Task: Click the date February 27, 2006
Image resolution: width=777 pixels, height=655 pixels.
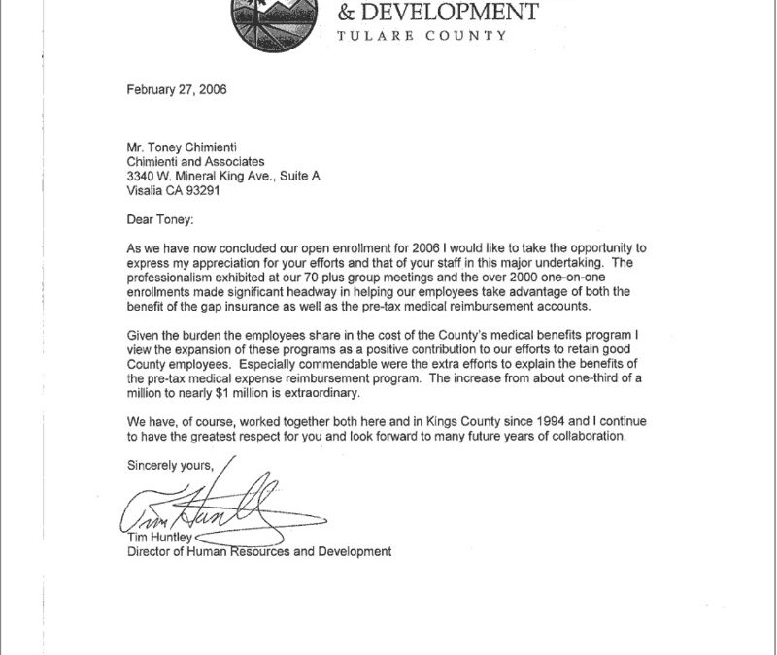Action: tap(176, 89)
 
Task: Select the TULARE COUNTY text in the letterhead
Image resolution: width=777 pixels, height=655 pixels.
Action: tap(421, 36)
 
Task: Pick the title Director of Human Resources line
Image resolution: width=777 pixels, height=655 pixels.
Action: tap(259, 552)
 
